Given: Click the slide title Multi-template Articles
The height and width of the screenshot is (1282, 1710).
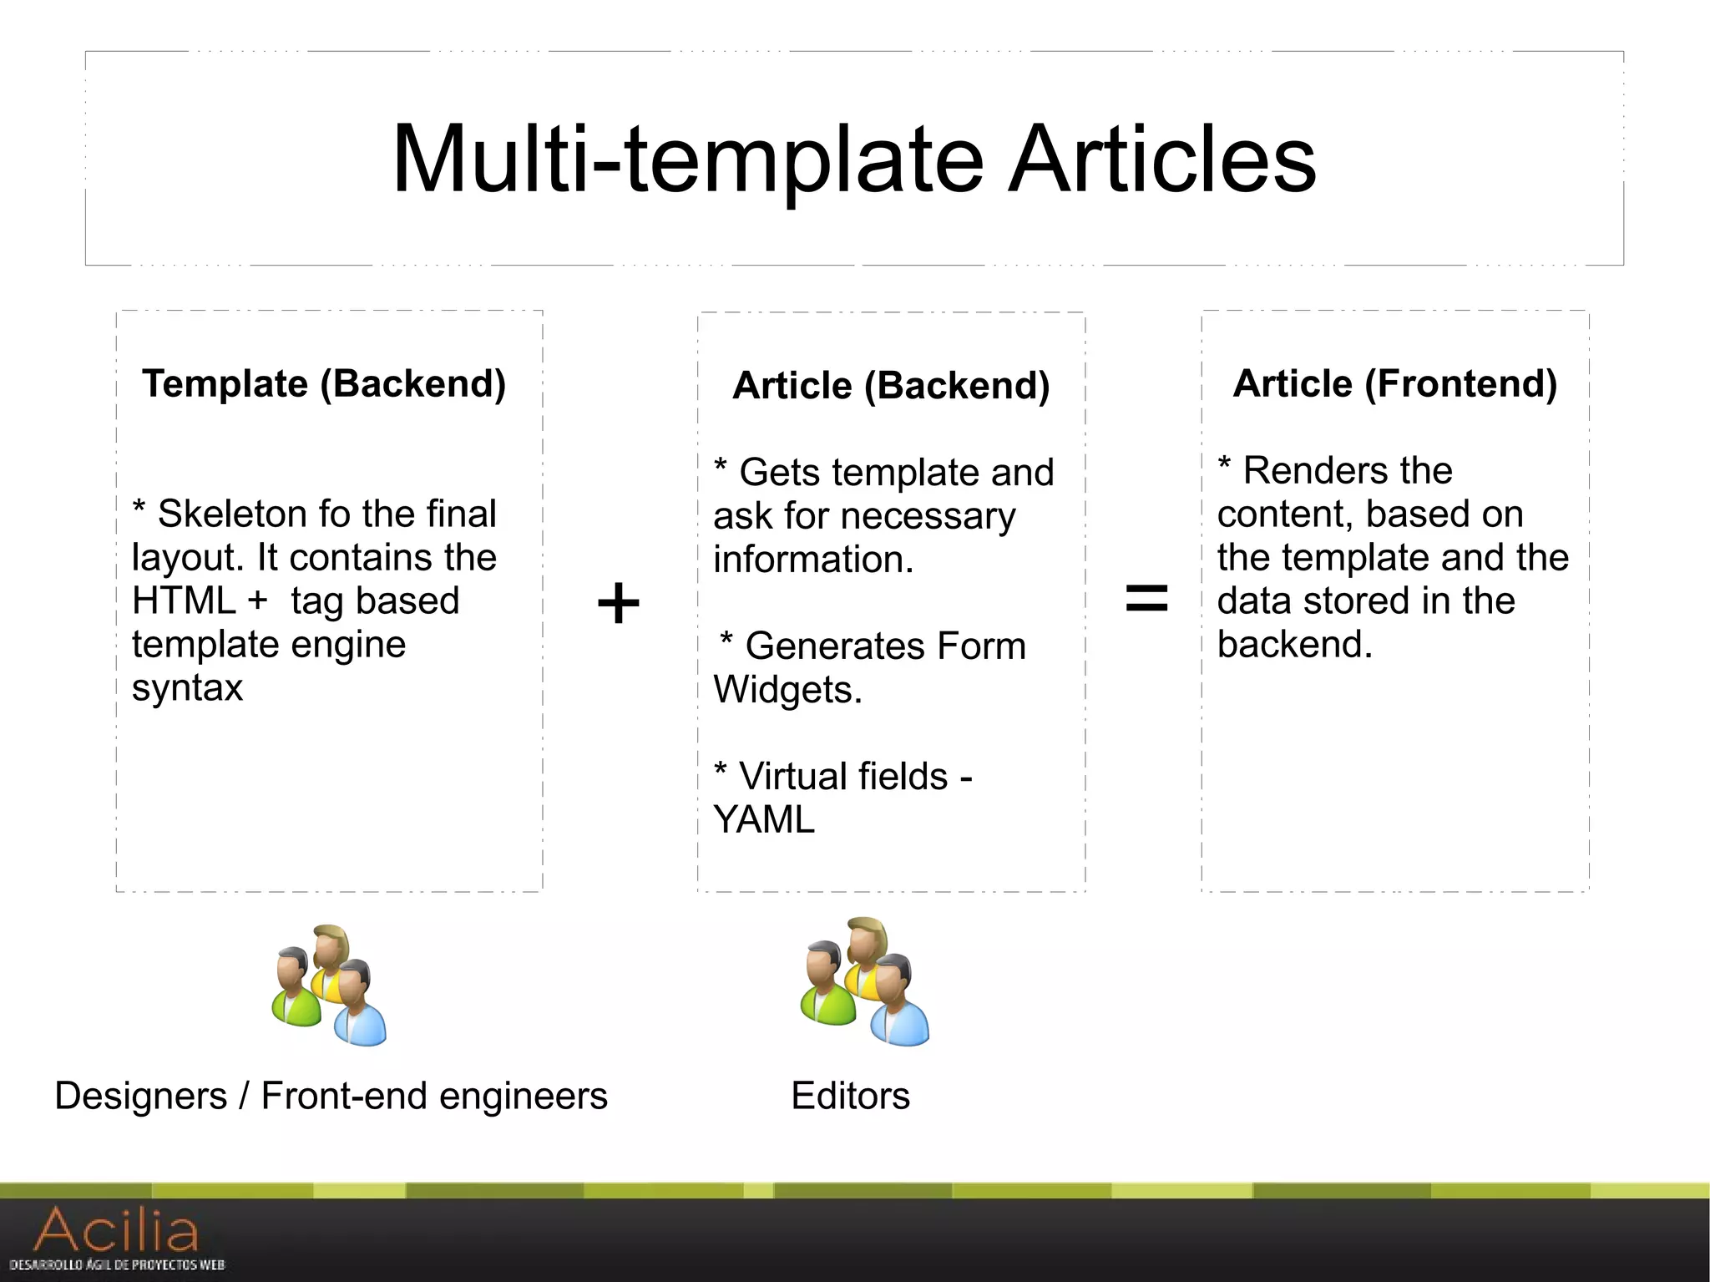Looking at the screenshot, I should (x=853, y=159).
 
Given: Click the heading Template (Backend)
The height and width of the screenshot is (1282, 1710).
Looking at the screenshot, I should (x=324, y=384).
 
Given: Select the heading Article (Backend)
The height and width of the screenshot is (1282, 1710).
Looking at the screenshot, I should (x=891, y=386).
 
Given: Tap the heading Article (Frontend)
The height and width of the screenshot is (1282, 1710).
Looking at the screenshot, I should (x=1394, y=384).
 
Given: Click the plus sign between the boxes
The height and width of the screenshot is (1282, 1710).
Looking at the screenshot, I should (x=618, y=603).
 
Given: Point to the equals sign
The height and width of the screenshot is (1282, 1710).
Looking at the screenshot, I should (x=1146, y=599).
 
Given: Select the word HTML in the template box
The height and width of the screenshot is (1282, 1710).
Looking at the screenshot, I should (x=184, y=601).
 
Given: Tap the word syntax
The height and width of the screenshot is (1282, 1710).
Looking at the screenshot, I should (x=187, y=688).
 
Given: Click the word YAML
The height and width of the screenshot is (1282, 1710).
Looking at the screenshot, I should (x=764, y=820).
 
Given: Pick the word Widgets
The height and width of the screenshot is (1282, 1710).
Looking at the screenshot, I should (x=787, y=690).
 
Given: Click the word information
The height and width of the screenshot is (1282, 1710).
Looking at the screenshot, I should (x=813, y=560).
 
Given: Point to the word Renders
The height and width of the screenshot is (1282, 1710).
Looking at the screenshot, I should (x=1348, y=471).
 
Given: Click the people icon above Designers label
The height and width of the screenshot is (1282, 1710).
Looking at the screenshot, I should (x=330, y=986).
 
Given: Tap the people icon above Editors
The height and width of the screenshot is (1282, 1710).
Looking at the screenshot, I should (x=864, y=982).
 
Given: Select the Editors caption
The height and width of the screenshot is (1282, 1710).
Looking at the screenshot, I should (x=850, y=1096).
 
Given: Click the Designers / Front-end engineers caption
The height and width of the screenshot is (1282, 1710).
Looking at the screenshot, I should (x=331, y=1096).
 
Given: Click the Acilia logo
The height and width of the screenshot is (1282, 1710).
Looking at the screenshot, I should (x=117, y=1236).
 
